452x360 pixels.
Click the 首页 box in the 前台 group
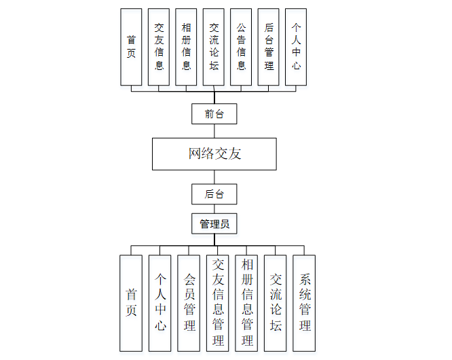[131, 47]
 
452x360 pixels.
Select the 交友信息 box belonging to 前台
[159, 47]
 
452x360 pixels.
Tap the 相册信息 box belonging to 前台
[186, 47]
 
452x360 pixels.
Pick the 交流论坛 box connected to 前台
[214, 47]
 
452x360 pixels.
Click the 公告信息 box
[241, 47]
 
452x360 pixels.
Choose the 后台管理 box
[269, 47]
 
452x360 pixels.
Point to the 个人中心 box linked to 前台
[296, 47]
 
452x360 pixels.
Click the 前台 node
[214, 114]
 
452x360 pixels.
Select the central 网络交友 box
[214, 154]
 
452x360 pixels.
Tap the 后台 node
[214, 194]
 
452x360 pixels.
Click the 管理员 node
[214, 223]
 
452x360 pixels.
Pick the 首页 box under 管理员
[131, 303]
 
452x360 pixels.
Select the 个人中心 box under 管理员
[160, 303]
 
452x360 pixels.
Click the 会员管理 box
[189, 303]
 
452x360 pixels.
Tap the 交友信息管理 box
[218, 303]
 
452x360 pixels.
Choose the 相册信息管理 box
[247, 303]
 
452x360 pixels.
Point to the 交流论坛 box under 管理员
[276, 303]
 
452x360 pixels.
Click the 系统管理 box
[304, 303]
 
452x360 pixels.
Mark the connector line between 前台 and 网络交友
[214, 131]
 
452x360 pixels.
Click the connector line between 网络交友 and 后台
[214, 177]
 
